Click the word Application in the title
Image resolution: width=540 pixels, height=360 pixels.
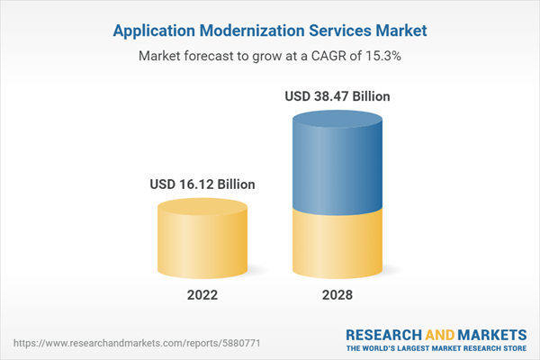coord(154,31)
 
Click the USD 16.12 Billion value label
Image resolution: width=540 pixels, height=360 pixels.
coord(202,184)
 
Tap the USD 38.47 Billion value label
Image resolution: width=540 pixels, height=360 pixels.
coord(337,96)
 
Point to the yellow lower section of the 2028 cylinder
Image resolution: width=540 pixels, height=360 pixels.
coord(337,243)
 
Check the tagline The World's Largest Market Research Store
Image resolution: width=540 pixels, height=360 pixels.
coord(440,348)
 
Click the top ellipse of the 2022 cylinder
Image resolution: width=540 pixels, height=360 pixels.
coord(202,207)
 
